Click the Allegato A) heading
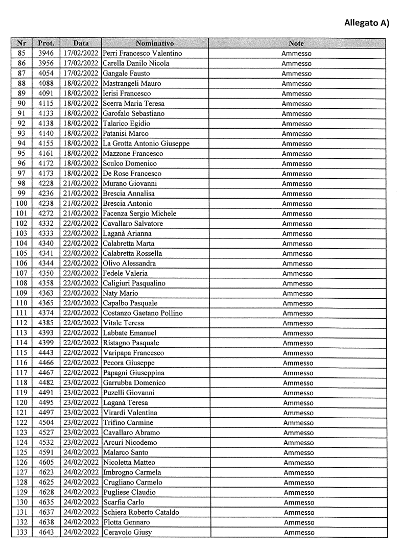pyautogui.click(x=366, y=22)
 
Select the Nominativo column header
pyautogui.click(x=155, y=43)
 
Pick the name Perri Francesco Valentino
pyautogui.click(x=142, y=54)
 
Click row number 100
pyautogui.click(x=21, y=204)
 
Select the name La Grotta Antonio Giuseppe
pyautogui.click(x=146, y=143)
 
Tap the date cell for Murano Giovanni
pyautogui.click(x=81, y=184)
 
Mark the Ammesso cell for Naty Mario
pyautogui.click(x=298, y=294)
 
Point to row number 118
pyautogui.click(x=21, y=383)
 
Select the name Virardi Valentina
pyautogui.click(x=130, y=413)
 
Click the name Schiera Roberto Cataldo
pyautogui.click(x=141, y=513)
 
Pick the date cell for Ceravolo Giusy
pyautogui.click(x=81, y=533)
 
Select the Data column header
pyautogui.click(x=81, y=43)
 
